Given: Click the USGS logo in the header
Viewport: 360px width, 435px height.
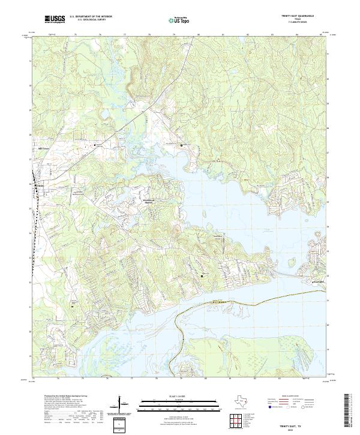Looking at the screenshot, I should coord(55,19).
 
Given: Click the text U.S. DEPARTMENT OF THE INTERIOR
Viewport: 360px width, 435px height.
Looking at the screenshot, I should coord(91,17).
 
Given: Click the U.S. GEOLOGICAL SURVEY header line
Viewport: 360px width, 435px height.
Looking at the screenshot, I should coord(91,20).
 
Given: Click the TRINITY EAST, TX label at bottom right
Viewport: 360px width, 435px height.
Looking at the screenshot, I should coord(298,422).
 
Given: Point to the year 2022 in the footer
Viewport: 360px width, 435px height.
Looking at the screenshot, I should coord(298,427).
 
